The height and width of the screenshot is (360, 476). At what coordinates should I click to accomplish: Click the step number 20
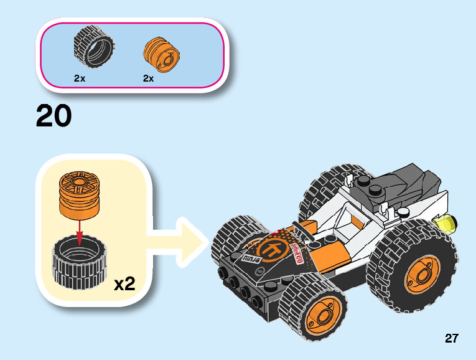coord(54,117)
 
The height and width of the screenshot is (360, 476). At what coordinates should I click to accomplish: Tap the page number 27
coord(452,338)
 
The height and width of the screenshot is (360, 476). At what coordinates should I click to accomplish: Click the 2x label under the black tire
coord(79,79)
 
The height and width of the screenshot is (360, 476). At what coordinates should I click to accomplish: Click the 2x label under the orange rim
coord(148,79)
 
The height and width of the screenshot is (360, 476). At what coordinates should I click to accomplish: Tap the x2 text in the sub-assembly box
coord(124,284)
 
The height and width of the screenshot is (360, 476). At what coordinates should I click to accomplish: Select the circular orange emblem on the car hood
coord(273,250)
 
